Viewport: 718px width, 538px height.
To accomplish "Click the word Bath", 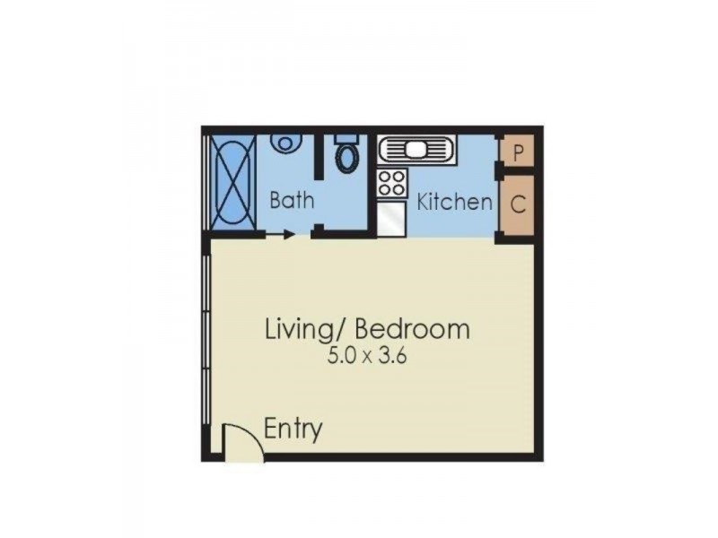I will tap(293, 199).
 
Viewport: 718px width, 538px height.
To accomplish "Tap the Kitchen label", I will tap(455, 202).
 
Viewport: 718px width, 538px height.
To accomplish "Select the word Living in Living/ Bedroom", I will tap(296, 328).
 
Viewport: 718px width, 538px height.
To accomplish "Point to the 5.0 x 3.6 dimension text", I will tap(367, 355).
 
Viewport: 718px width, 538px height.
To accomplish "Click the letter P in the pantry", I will tap(518, 152).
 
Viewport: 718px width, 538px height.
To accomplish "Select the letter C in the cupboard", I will tap(518, 204).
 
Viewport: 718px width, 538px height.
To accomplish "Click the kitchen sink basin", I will tap(419, 149).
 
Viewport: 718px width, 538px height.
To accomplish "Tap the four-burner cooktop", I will tap(392, 183).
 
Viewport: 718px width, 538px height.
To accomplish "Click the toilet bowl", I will tap(346, 159).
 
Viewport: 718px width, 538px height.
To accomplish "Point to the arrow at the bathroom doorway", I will tap(287, 236).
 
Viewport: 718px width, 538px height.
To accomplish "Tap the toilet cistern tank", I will tap(346, 139).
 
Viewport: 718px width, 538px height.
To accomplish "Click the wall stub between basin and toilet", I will tap(317, 155).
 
